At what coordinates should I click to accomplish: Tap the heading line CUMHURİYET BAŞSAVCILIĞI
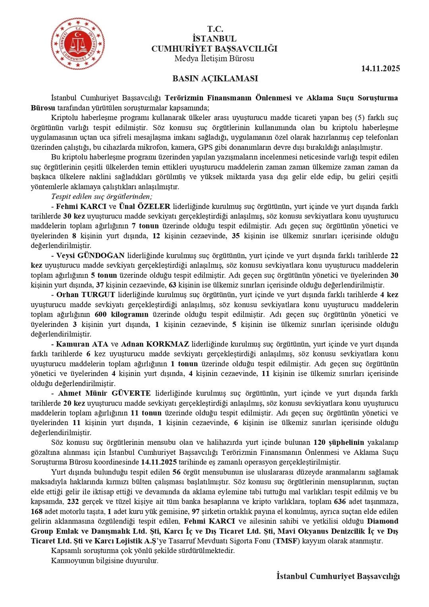214,49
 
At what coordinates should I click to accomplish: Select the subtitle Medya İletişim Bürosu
214,59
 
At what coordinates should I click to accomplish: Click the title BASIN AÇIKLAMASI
215,78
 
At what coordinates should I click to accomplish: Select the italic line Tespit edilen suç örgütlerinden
102,196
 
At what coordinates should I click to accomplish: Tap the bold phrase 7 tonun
145,226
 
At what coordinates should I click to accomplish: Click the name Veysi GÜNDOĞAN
91,255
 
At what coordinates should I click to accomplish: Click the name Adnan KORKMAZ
155,344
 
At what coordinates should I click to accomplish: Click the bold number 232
73,501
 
